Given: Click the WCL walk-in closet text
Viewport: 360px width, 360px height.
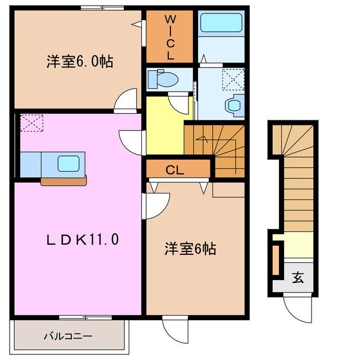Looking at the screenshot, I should coord(169,38).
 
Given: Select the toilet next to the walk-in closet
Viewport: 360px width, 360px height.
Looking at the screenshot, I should coord(163,79).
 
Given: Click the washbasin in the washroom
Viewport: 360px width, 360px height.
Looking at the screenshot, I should coord(233,104).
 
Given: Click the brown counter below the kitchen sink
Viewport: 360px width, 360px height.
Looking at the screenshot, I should coord(64,180).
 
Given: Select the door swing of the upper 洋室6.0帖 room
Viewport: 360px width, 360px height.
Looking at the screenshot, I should coord(127,101).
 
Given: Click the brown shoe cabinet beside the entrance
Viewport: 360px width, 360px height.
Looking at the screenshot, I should coord(276,259).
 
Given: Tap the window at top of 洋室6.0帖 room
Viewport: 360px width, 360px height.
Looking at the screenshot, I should coord(102,7).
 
